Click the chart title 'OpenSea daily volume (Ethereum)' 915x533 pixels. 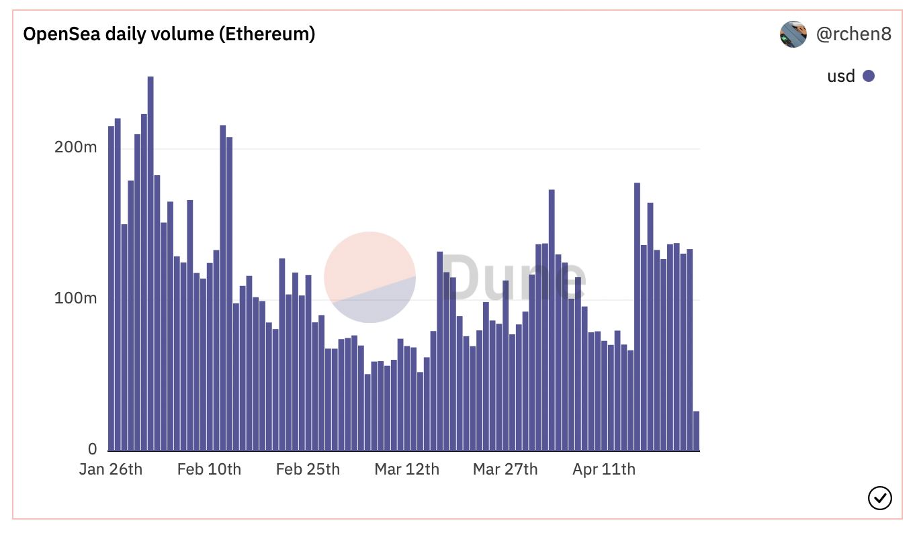(x=169, y=34)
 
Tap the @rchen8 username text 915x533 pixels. (x=853, y=34)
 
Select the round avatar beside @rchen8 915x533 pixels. (x=793, y=34)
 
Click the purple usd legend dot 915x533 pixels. (x=869, y=76)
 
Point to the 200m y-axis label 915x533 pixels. (x=75, y=147)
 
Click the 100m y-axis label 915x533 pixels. (x=75, y=298)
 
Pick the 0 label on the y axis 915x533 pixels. (x=92, y=449)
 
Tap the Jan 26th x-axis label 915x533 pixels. (x=111, y=469)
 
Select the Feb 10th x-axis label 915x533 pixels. (x=209, y=469)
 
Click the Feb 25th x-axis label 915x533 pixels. (x=308, y=469)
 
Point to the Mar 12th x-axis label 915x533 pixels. (x=407, y=469)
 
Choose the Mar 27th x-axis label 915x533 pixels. (x=505, y=469)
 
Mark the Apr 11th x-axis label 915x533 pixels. (x=604, y=469)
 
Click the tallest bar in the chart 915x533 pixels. (x=150, y=264)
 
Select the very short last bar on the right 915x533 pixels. (x=697, y=431)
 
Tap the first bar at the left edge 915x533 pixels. (x=111, y=289)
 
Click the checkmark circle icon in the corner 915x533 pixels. (x=880, y=498)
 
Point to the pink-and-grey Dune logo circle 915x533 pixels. (x=369, y=277)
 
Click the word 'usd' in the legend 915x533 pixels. (x=841, y=77)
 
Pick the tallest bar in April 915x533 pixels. (x=638, y=317)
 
